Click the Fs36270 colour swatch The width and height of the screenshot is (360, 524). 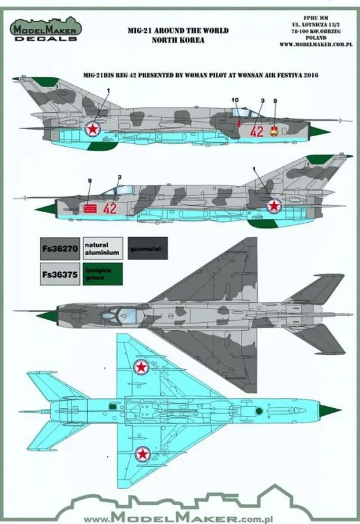coord(60,249)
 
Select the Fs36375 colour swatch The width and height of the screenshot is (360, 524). coord(60,274)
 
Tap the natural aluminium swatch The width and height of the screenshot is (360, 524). coord(103,249)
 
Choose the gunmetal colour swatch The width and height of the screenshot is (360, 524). coord(148,249)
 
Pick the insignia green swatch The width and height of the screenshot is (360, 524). coord(103,274)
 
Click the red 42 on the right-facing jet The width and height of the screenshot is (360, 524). coord(257,132)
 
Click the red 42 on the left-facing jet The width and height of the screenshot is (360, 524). coord(110,208)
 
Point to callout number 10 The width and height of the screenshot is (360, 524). coord(235,100)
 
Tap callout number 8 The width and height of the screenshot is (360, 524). coord(275,101)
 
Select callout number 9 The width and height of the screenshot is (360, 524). coord(90,181)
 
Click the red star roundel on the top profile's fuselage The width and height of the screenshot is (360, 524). coord(92,128)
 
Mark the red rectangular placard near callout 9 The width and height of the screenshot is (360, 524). coord(90,208)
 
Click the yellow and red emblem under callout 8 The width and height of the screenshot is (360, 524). coord(274,131)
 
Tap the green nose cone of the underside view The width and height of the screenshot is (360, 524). coord(331,411)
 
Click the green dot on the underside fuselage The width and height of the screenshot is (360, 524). coord(259,411)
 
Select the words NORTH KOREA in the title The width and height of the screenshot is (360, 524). coord(178,40)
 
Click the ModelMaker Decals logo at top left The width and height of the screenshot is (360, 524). coord(46,29)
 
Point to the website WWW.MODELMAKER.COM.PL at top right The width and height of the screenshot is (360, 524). coord(316,45)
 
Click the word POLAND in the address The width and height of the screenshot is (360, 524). coord(316,38)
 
